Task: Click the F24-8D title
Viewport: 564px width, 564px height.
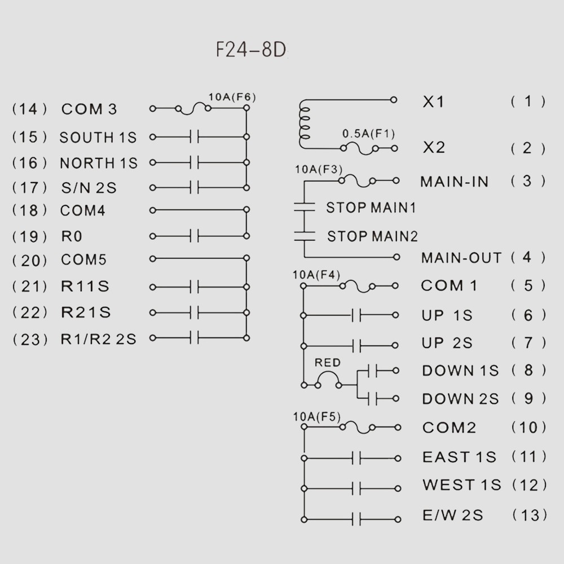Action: [x=252, y=50]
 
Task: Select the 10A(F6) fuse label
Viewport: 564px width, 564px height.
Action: [x=232, y=96]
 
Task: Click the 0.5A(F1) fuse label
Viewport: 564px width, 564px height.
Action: [x=369, y=134]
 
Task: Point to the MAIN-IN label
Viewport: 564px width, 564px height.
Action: [x=455, y=182]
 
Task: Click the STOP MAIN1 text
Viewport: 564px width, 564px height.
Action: [x=371, y=208]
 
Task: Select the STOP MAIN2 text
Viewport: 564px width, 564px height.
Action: [x=372, y=236]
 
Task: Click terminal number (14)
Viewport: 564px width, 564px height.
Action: [x=30, y=109]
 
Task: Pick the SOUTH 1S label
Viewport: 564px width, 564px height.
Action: [x=98, y=137]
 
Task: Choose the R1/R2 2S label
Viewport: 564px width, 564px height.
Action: [x=99, y=339]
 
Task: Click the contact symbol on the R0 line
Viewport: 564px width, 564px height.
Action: [x=195, y=236]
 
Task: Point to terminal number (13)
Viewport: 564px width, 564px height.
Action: [x=529, y=515]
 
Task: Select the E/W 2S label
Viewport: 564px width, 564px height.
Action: [x=452, y=515]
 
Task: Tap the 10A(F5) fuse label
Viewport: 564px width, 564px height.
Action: [x=317, y=417]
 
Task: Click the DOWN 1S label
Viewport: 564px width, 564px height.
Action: [x=460, y=371]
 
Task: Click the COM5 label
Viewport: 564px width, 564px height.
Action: [x=84, y=260]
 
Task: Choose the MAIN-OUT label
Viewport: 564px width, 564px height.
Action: [x=461, y=258]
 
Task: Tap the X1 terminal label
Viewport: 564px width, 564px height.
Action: [x=433, y=102]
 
